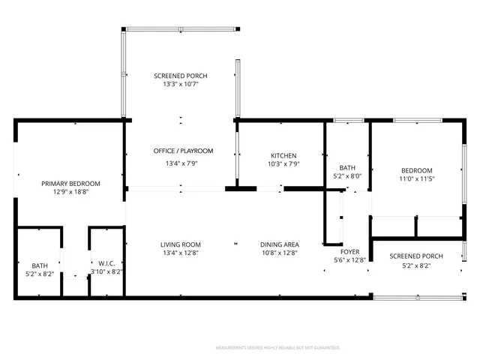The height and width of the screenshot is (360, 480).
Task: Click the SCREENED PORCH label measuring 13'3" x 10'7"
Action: [180, 76]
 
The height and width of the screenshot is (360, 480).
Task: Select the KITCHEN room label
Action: [283, 155]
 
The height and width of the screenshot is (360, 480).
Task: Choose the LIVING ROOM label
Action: [180, 244]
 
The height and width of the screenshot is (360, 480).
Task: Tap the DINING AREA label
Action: [280, 244]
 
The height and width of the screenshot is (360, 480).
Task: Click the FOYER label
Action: [350, 251]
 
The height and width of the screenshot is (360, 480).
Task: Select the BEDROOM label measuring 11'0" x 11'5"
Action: [416, 170]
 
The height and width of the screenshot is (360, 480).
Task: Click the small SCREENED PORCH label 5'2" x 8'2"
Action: [416, 256]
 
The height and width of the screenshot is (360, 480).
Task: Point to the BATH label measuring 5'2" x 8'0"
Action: [347, 168]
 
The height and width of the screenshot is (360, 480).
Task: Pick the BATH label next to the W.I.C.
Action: [39, 265]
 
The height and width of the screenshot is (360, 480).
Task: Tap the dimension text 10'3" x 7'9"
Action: [283, 164]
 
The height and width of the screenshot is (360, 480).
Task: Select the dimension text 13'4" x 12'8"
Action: [180, 253]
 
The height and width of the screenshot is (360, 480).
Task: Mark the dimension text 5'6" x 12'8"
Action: [350, 260]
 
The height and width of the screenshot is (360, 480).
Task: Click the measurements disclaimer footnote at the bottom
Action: [277, 348]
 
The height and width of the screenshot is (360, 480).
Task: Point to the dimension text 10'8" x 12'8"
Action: [280, 253]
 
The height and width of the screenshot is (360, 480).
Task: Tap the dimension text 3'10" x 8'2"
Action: [107, 271]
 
